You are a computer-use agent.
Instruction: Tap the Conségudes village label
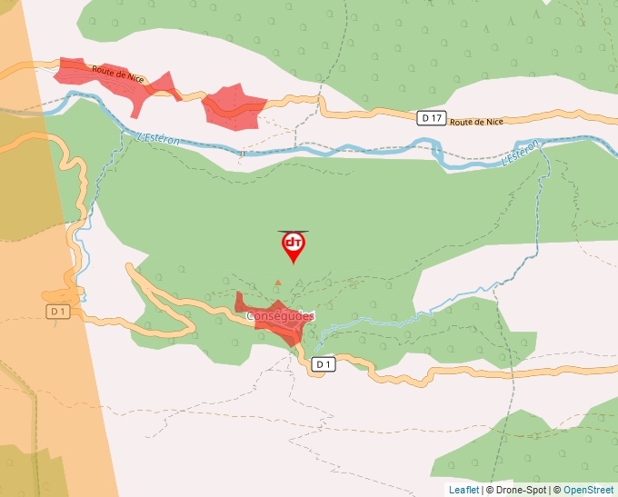[280, 316]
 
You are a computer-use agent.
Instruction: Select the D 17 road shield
[432, 118]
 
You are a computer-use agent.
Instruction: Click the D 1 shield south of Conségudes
[324, 364]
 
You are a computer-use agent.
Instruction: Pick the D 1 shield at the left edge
[58, 312]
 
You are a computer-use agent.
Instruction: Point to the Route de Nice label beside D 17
[476, 122]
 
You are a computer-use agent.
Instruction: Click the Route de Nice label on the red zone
[113, 71]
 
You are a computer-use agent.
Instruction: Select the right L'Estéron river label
[522, 154]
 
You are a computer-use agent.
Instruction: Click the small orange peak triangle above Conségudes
[278, 283]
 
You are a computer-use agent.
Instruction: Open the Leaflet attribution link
[463, 490]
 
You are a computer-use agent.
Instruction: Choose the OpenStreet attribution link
[589, 490]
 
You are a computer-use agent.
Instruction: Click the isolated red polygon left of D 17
[233, 106]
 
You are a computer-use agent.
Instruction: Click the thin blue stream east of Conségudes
[382, 318]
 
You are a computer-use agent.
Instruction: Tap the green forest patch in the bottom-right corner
[545, 445]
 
